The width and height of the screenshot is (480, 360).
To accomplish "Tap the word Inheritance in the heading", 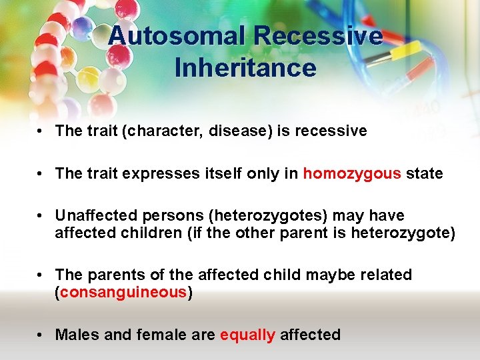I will [x=245, y=68].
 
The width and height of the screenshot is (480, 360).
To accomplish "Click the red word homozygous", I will [x=352, y=173].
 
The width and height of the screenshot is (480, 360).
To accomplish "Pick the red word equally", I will [x=247, y=335].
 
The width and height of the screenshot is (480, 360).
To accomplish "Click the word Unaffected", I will [x=93, y=216].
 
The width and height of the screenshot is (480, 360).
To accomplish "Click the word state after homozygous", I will [x=424, y=173].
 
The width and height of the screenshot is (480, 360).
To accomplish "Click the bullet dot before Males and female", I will [x=41, y=335].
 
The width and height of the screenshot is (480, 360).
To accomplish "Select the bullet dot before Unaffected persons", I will [x=41, y=216].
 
